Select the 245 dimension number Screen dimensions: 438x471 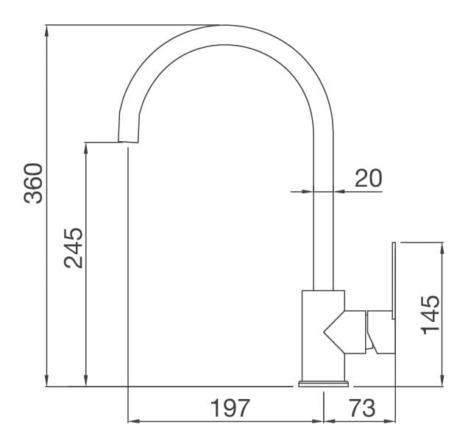[x=73, y=248]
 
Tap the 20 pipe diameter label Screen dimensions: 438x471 [x=369, y=179]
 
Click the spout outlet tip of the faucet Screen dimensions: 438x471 [x=128, y=140]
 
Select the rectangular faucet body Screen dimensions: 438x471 [x=322, y=334]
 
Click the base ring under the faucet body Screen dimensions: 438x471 [x=323, y=383]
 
